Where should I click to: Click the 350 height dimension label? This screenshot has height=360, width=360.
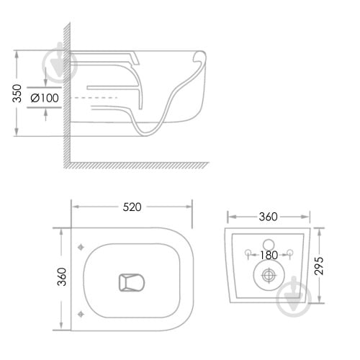click(x=17, y=94)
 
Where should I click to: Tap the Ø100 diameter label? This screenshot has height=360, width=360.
click(x=45, y=98)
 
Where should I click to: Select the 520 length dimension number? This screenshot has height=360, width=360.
click(x=132, y=207)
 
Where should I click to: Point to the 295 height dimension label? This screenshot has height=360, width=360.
click(x=319, y=266)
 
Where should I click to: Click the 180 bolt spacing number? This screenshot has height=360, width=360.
click(x=269, y=255)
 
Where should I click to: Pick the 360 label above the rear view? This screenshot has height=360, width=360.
click(x=269, y=217)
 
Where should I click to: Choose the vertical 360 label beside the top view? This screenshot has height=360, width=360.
click(x=62, y=276)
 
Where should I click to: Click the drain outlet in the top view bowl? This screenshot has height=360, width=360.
click(x=132, y=282)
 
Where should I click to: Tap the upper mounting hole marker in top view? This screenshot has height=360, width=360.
click(x=81, y=247)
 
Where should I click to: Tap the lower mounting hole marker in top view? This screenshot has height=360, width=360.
click(x=81, y=314)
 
